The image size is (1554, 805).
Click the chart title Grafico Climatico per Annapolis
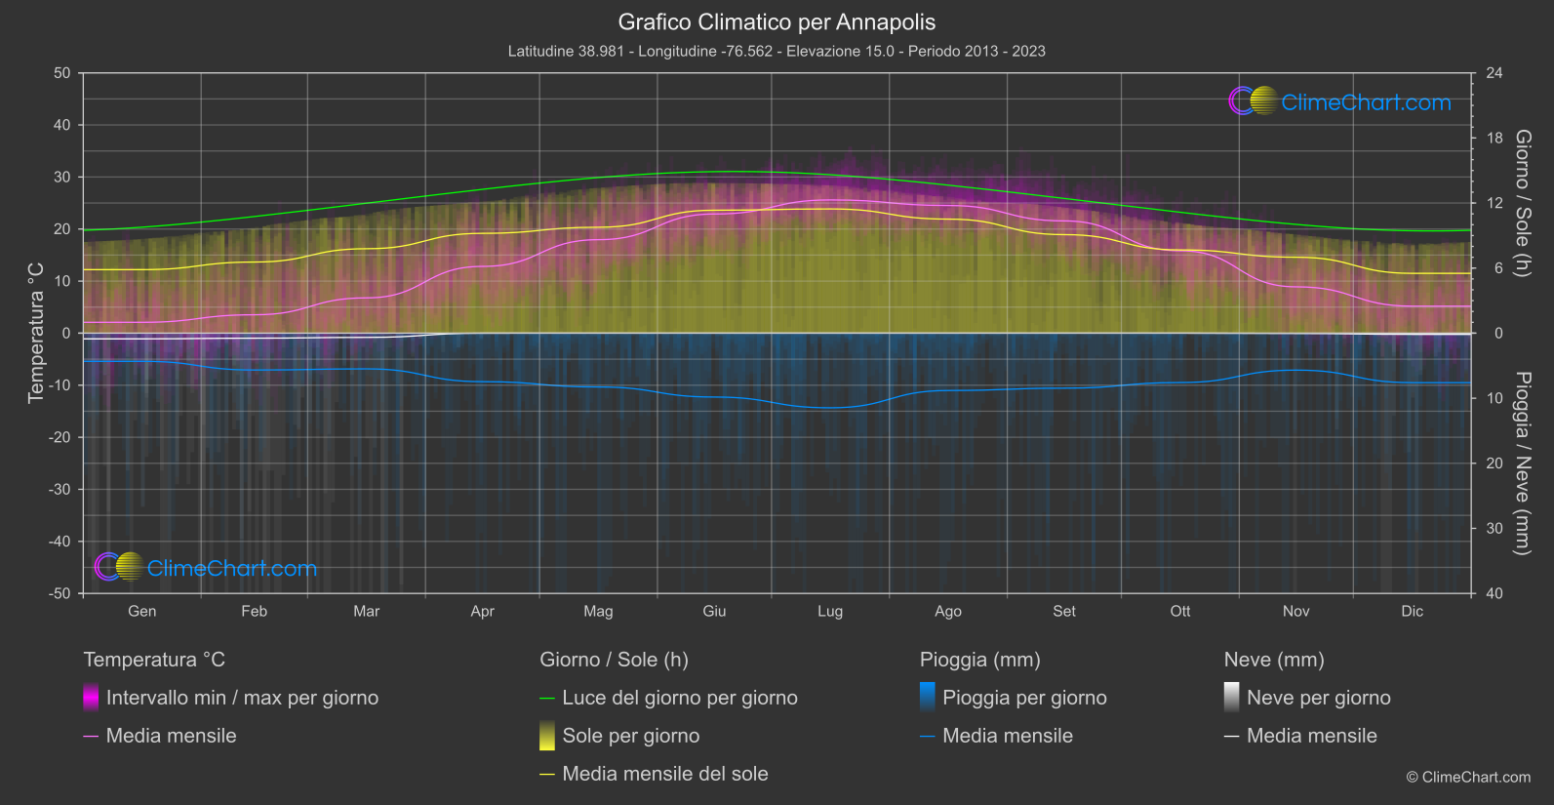point(777,22)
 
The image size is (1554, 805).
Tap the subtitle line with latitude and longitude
point(777,51)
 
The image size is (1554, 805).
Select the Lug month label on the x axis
point(830,611)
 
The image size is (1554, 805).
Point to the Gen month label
point(141,611)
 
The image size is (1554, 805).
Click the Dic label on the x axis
point(1412,611)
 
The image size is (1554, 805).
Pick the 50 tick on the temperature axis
point(62,73)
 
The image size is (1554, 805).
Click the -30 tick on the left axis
point(60,489)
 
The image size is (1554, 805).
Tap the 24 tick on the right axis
point(1494,73)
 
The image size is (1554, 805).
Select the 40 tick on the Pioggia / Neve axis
point(1494,593)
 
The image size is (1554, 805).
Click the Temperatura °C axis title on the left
point(36,333)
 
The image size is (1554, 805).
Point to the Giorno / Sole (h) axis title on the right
point(1522,203)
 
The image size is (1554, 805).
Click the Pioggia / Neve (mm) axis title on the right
point(1522,463)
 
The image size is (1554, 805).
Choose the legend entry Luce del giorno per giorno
point(679,698)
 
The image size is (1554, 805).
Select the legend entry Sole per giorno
point(630,736)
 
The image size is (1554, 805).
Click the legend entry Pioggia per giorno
point(1024,698)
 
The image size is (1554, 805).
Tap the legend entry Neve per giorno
point(1318,698)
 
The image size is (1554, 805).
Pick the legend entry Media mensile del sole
point(664,774)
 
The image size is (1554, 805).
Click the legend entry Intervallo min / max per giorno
point(242,698)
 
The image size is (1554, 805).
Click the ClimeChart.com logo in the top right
point(1340,101)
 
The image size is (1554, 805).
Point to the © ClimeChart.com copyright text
point(1468,778)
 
